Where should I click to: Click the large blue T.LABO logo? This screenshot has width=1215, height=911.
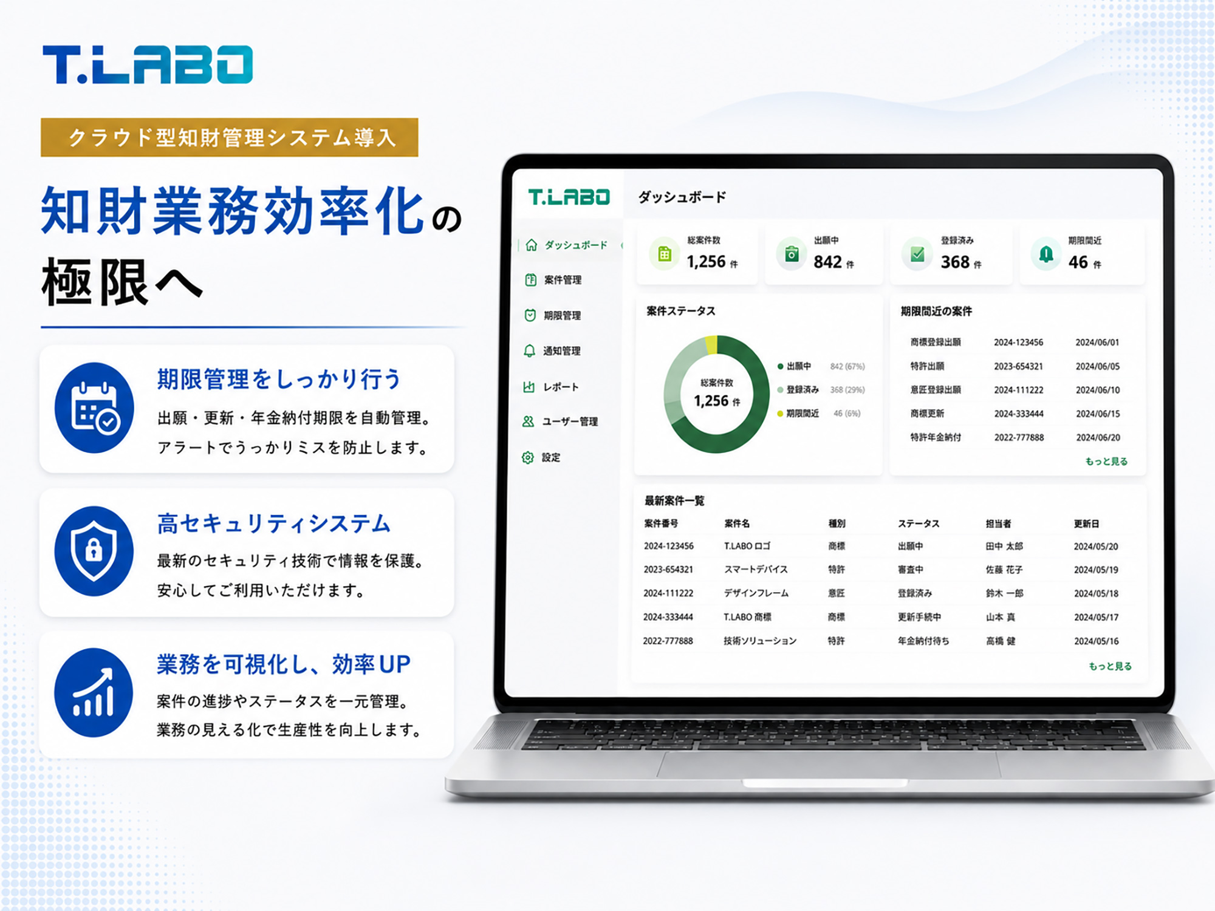[x=148, y=64]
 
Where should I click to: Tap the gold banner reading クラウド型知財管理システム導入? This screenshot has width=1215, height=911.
[x=230, y=137]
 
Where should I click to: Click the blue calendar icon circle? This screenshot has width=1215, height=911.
[x=94, y=408]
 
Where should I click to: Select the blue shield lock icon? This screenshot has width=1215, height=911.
[x=94, y=551]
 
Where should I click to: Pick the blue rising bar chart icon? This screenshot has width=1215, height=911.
[x=94, y=692]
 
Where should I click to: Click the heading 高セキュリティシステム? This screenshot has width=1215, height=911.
[x=274, y=524]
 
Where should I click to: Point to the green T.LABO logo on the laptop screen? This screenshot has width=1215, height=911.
[x=569, y=197]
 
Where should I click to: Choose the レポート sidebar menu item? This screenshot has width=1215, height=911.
[x=551, y=387]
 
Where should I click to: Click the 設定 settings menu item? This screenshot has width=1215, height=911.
[x=541, y=457]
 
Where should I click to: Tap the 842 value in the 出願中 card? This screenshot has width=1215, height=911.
[x=827, y=262]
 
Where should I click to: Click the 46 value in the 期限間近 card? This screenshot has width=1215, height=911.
[x=1078, y=262]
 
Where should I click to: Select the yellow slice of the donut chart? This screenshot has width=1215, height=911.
[x=711, y=345]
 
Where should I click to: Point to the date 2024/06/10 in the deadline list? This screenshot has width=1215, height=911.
[x=1098, y=390]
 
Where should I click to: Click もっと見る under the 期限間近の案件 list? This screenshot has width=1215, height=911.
[x=1106, y=462]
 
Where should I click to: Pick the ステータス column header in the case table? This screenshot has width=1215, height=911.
[x=919, y=524]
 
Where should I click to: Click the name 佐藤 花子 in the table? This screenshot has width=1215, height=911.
[x=1004, y=570]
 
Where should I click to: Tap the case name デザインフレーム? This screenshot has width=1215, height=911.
[x=756, y=593]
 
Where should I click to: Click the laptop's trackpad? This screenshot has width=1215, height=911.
[x=829, y=765]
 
